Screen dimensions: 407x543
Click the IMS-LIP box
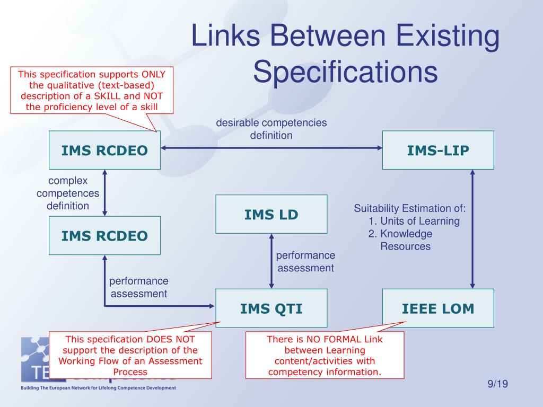pyautogui.click(x=438, y=151)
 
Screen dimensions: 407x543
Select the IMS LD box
pyautogui.click(x=271, y=214)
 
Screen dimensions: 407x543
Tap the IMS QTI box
pyautogui.click(x=271, y=308)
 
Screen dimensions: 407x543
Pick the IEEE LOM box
pyautogui.click(x=438, y=308)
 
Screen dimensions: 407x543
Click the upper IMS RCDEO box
pyautogui.click(x=104, y=151)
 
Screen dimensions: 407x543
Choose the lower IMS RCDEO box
pyautogui.click(x=104, y=235)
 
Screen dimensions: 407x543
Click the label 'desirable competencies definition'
pyautogui.click(x=271, y=129)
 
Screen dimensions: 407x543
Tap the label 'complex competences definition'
pyautogui.click(x=68, y=193)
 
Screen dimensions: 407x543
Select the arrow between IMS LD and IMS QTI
pyautogui.click(x=271, y=261)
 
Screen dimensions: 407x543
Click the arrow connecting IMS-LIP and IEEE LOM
pyautogui.click(x=472, y=229)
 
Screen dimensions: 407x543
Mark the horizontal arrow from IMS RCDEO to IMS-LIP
pyautogui.click(x=271, y=148)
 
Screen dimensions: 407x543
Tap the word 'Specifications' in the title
pyautogui.click(x=345, y=72)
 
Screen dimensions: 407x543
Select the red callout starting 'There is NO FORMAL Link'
pyautogui.click(x=325, y=355)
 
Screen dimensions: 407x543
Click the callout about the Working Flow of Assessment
pyautogui.click(x=130, y=355)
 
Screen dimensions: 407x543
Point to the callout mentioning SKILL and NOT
pyautogui.click(x=92, y=91)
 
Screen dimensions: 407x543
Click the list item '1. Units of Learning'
pyautogui.click(x=414, y=221)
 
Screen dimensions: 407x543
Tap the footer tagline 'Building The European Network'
pyautogui.click(x=98, y=388)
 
